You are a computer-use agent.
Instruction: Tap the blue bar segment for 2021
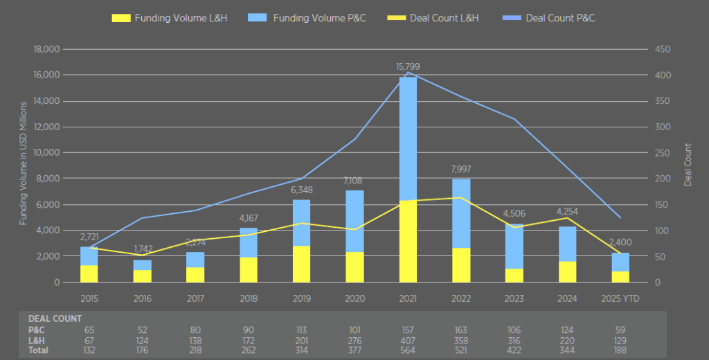409,138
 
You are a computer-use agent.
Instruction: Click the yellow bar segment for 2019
302,264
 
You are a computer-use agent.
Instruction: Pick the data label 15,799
408,66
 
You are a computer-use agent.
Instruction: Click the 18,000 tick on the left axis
47,49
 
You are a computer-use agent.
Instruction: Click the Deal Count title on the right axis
688,164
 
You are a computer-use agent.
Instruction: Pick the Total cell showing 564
408,350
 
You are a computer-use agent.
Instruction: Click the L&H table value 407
408,341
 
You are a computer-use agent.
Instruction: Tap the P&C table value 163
461,330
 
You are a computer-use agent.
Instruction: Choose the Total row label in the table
38,350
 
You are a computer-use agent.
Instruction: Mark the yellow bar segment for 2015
89,273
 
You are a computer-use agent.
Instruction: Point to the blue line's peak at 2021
408,73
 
